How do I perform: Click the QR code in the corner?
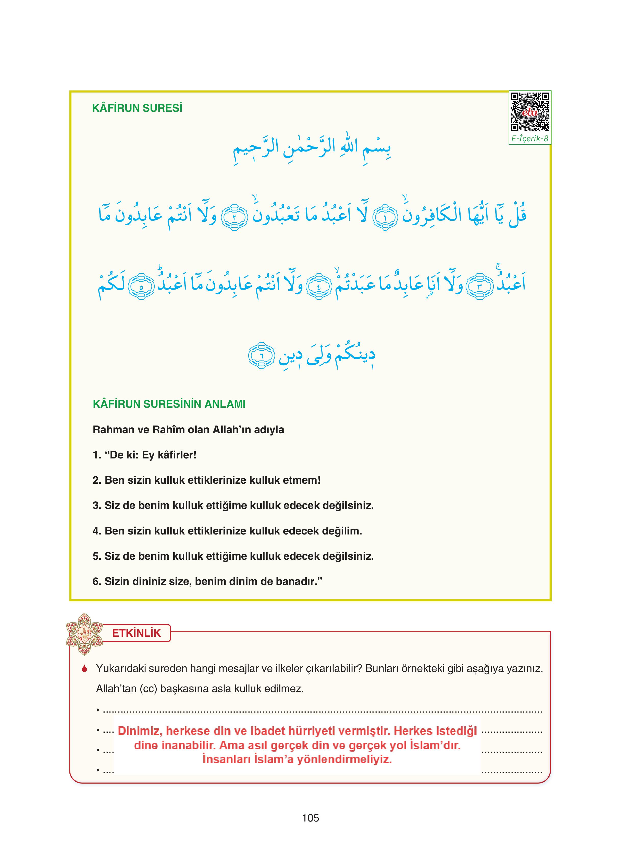point(529,112)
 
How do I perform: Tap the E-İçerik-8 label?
point(529,139)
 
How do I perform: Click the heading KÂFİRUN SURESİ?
point(137,109)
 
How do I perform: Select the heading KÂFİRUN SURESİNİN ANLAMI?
point(169,404)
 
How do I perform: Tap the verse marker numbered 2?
point(234,217)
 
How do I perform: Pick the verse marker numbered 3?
point(479,287)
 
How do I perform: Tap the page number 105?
point(310,818)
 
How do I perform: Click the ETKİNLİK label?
point(137,633)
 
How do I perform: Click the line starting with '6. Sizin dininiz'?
point(207,581)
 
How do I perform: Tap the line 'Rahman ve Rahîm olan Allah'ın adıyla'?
point(188,430)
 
